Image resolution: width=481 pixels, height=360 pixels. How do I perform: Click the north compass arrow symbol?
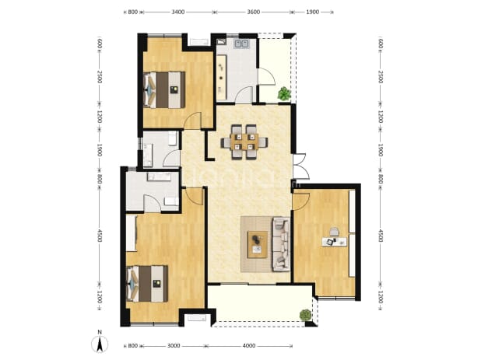[100, 344]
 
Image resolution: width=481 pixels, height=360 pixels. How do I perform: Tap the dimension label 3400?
[178, 12]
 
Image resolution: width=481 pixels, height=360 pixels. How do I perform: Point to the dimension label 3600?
[254, 12]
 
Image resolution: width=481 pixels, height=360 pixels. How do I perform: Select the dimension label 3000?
[174, 345]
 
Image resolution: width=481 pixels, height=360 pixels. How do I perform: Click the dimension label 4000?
[249, 345]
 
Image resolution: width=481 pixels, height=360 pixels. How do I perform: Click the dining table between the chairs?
[244, 142]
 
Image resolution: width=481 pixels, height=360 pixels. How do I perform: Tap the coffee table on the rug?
[258, 244]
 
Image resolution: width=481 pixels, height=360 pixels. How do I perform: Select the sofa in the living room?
[281, 244]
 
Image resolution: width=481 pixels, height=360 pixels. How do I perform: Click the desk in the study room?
[335, 242]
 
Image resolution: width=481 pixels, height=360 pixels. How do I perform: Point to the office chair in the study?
[334, 232]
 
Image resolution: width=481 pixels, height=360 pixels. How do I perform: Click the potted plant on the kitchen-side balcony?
[284, 93]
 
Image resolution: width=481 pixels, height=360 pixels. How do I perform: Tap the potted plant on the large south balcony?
[306, 315]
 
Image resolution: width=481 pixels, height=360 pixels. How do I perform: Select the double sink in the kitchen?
[241, 44]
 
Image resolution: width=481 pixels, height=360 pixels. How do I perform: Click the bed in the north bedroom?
[164, 89]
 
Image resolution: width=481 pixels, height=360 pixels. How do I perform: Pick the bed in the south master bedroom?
[147, 284]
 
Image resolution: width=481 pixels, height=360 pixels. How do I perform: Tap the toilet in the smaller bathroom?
[173, 139]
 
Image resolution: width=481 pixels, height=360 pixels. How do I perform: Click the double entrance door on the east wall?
[300, 166]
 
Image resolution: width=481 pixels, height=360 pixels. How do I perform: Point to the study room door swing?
[300, 201]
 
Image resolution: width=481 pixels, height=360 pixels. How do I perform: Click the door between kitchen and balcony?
[265, 77]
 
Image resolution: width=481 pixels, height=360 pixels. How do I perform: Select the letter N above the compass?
[100, 332]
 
